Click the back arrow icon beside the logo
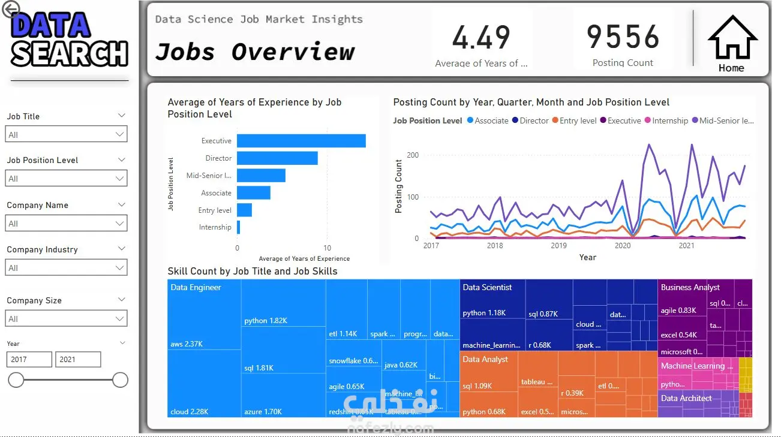[x=11, y=9]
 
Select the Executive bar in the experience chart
[x=301, y=141]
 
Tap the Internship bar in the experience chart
[x=238, y=227]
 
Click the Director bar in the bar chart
[x=277, y=158]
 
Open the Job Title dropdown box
[x=67, y=134]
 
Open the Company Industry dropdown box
[x=67, y=267]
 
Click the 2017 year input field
[x=29, y=360]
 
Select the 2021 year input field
[x=78, y=360]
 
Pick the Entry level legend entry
[x=578, y=120]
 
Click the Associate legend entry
[x=491, y=120]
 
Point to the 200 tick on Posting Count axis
[x=413, y=155]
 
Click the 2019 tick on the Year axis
[x=558, y=245]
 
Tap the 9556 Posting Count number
[x=623, y=37]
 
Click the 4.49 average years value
[x=481, y=37]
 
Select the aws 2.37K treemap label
[x=187, y=344]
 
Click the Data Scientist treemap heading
[x=487, y=288]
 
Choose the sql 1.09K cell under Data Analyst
[x=477, y=386]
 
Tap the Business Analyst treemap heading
[x=690, y=288]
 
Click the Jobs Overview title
[x=255, y=52]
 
